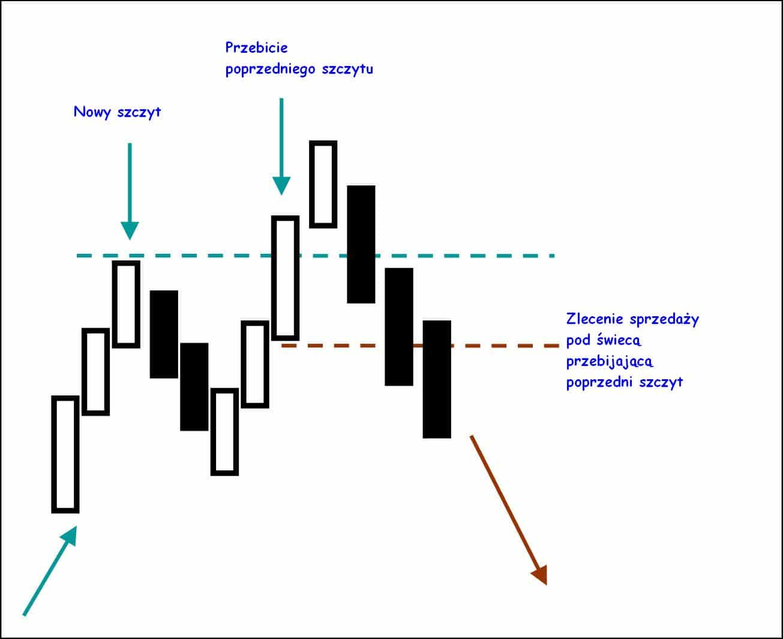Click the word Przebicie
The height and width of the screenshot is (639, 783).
pos(257,47)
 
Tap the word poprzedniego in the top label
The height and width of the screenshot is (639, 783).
pos(271,70)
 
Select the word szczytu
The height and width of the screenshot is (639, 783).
pos(347,70)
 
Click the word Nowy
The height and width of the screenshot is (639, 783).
pos(91,112)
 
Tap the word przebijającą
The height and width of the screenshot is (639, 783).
pos(610,361)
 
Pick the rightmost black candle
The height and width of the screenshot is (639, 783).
pos(437,379)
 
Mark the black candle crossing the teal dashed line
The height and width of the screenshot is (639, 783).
pos(361,244)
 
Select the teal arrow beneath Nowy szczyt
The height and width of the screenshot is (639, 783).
pos(130,191)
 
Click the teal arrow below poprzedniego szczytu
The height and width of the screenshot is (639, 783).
pos(281,146)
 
